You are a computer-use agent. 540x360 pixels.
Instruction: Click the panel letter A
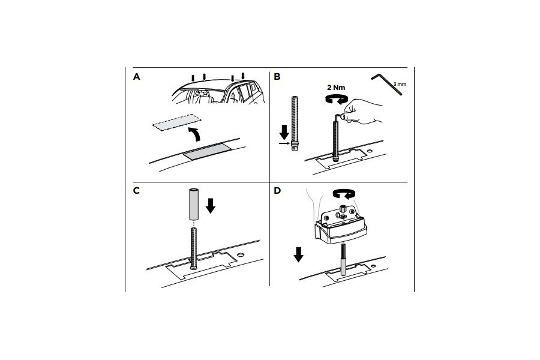click(137, 77)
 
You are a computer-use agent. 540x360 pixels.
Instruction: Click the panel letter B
click(277, 77)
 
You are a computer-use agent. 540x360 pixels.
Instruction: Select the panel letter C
click(136, 191)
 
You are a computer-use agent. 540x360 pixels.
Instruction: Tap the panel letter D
click(277, 191)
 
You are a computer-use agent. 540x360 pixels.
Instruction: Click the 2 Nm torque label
click(336, 88)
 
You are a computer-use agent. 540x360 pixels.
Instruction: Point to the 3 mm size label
click(400, 84)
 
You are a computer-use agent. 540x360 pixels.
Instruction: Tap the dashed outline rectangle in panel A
click(176, 122)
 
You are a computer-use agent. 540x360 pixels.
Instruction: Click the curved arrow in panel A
click(194, 133)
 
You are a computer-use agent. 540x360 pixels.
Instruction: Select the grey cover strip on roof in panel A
click(208, 152)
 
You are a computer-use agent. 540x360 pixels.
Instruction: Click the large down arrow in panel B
click(285, 132)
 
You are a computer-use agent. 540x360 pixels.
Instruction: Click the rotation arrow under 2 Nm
click(336, 99)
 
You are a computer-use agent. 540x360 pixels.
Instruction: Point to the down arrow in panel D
click(299, 255)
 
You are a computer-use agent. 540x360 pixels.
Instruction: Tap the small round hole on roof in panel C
click(241, 255)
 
